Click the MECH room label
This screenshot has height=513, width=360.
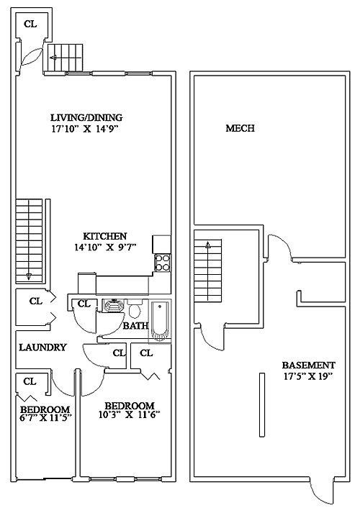click(240, 128)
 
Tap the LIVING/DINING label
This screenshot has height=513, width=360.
click(86, 117)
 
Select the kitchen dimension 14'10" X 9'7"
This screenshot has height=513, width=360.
click(104, 248)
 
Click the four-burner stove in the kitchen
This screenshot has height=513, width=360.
click(163, 263)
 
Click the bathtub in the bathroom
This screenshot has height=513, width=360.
click(160, 321)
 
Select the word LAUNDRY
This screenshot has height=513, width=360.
click(42, 347)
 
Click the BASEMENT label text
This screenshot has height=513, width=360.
click(308, 365)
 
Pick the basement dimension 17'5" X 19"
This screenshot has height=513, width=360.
click(308, 376)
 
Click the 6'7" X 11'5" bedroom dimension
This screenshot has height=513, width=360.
click(46, 417)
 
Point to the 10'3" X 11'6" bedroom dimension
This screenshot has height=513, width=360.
click(129, 415)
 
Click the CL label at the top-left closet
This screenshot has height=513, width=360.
click(30, 24)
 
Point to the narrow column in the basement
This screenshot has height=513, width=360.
click(262, 404)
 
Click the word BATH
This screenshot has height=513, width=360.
click(135, 326)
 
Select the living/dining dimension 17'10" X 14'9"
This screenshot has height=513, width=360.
click(84, 129)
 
